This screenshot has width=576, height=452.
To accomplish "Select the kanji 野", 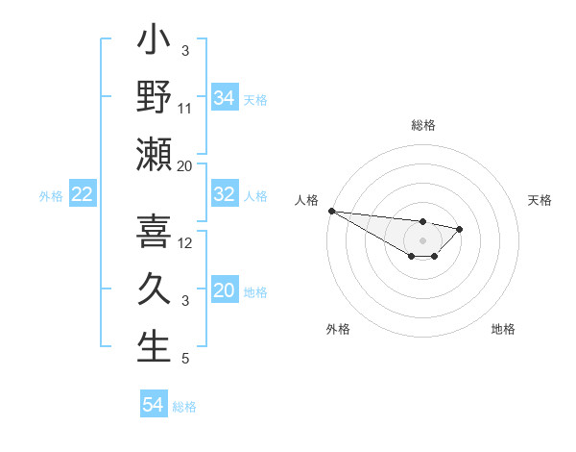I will [x=154, y=97].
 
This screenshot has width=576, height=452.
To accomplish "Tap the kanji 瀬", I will [x=154, y=155].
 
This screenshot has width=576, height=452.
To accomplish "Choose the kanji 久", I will [x=154, y=289].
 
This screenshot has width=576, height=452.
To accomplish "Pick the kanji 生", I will [x=154, y=347].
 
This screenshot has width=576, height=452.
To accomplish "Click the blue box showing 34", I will [x=225, y=97].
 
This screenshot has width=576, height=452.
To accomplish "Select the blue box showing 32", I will [x=225, y=194].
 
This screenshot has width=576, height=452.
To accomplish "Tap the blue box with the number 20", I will [x=225, y=290].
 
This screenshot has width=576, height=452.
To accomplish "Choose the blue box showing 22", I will [x=83, y=194].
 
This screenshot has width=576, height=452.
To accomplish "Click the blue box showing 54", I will [x=154, y=405].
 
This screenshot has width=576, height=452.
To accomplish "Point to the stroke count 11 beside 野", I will [x=185, y=107].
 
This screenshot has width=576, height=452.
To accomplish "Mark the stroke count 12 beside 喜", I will [x=185, y=242].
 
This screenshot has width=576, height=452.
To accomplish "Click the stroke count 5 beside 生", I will [x=184, y=359].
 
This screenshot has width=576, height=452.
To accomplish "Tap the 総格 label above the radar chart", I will [x=423, y=125].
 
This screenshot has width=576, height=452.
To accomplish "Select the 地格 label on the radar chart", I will [x=503, y=329].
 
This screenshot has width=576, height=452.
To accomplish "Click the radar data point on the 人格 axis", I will [x=331, y=211].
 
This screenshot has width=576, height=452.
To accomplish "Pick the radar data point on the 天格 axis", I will [x=460, y=229].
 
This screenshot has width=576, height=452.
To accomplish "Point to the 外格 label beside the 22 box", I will [x=51, y=195].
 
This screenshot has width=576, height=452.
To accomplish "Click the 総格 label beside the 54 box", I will [x=184, y=406].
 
